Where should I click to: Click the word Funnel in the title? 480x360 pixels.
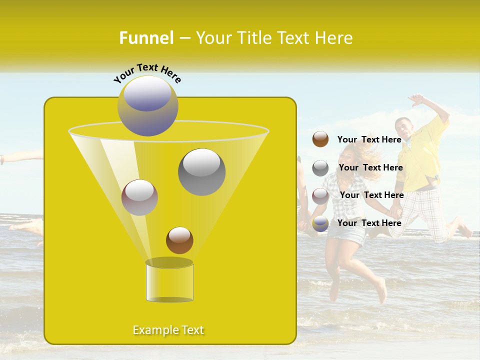pyautogui.click(x=146, y=38)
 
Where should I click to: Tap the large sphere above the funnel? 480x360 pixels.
pyautogui.click(x=147, y=105)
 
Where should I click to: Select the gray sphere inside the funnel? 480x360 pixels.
pyautogui.click(x=201, y=171)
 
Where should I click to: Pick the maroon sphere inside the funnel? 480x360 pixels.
pyautogui.click(x=139, y=197)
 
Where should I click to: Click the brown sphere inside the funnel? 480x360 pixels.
pyautogui.click(x=179, y=240)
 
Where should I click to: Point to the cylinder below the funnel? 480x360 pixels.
pyautogui.click(x=169, y=282)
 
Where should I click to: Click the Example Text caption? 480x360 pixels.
pyautogui.click(x=168, y=330)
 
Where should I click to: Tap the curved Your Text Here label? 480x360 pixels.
pyautogui.click(x=147, y=72)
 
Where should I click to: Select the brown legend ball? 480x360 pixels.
pyautogui.click(x=320, y=139)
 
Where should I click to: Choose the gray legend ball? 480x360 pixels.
pyautogui.click(x=320, y=168)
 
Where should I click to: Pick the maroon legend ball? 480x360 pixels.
pyautogui.click(x=320, y=195)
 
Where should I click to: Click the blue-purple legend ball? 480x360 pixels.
pyautogui.click(x=320, y=223)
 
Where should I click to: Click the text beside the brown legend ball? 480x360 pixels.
pyautogui.click(x=369, y=139)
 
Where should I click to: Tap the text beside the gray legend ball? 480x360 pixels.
pyautogui.click(x=370, y=167)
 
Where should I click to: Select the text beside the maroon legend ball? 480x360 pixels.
pyautogui.click(x=371, y=195)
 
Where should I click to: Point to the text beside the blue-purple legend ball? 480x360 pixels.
pyautogui.click(x=369, y=223)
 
